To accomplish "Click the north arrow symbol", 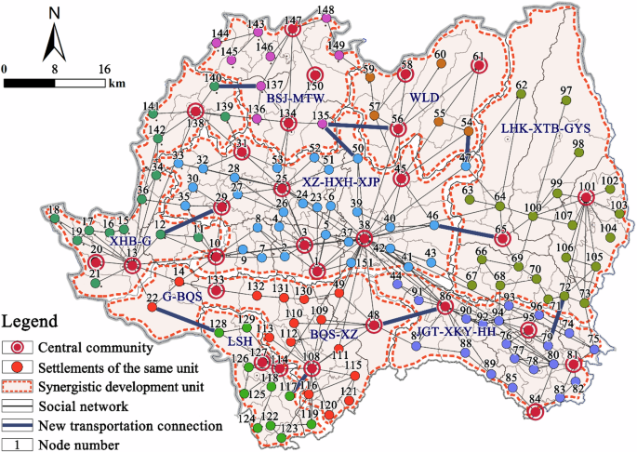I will point(55,37).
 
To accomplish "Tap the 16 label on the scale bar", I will point(104,69).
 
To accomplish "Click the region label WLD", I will point(423,97).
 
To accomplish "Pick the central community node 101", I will point(587,197).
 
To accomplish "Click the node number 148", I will point(325,11).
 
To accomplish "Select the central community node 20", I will point(96,262).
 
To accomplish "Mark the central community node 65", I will point(502,238).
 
